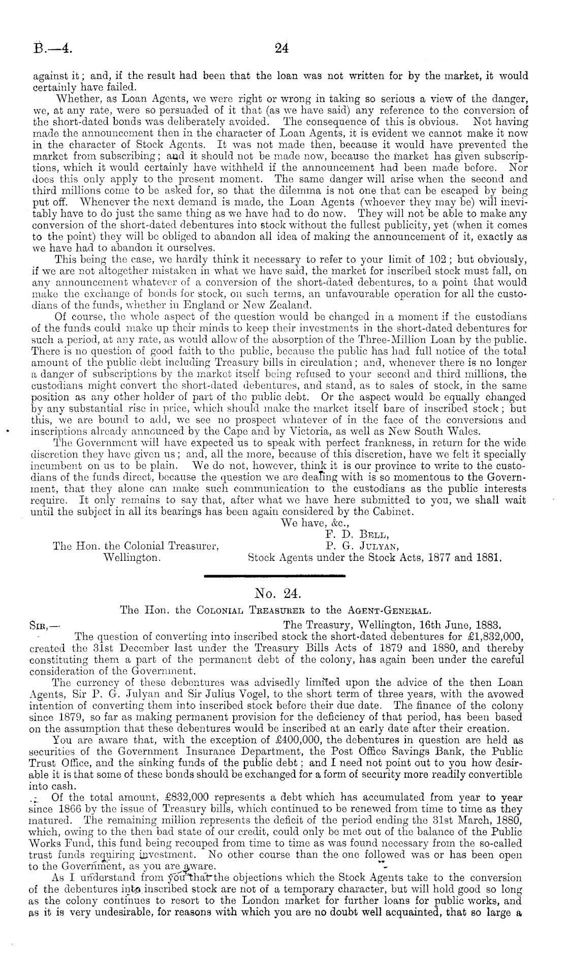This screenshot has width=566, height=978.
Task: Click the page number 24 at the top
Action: click(281, 48)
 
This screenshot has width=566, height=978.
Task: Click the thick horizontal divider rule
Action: click(274, 575)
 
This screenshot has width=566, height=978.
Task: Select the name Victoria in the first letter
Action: click(324, 432)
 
